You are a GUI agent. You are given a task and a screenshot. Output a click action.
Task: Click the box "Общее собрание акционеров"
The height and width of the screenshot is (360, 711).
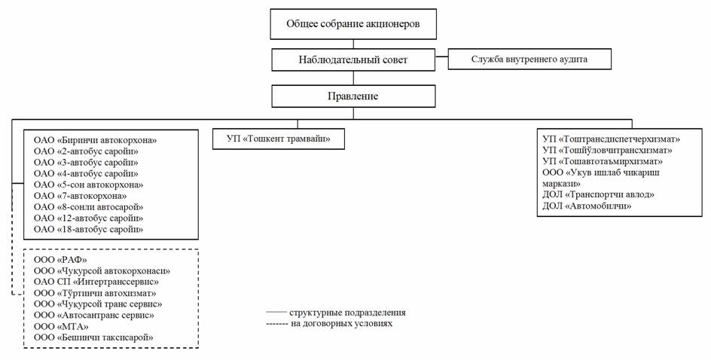coord(353,24)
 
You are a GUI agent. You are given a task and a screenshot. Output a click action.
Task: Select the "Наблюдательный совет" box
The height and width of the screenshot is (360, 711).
coord(353,59)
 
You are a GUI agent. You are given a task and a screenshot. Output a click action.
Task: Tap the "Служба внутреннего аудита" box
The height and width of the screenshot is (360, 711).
coord(529,59)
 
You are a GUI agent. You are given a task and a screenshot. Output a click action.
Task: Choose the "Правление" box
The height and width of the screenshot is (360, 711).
coord(353,96)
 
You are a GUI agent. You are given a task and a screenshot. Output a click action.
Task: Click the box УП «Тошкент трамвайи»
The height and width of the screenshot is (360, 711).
coord(279,139)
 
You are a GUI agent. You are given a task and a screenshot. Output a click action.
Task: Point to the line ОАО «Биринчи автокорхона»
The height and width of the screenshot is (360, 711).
coord(95,140)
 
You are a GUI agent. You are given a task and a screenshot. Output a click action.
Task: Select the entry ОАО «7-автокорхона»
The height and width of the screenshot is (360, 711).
coord(81,196)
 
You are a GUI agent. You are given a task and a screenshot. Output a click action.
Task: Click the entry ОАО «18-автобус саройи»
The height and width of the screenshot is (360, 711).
coord(88,230)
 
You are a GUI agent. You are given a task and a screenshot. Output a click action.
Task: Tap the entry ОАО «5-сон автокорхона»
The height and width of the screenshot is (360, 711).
coord(88,185)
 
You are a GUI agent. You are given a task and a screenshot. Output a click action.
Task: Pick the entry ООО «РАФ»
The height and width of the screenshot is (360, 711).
coord(60,260)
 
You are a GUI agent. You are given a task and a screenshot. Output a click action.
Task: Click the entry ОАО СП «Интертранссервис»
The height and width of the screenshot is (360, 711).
coord(96,282)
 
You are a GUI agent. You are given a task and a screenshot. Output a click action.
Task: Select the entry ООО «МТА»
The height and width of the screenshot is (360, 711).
coord(61,326)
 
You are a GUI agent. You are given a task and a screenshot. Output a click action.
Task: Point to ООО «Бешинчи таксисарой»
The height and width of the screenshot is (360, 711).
coord(93,337)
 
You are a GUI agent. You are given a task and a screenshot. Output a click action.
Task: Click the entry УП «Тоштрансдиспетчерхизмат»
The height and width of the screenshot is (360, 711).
coord(612,139)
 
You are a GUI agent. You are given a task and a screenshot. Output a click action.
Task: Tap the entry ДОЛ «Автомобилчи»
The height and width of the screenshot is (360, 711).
coord(587,206)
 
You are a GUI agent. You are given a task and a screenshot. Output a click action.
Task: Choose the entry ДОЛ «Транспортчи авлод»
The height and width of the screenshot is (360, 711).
coord(599,194)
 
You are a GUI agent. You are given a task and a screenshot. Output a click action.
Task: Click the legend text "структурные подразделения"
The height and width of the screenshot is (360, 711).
coord(347,313)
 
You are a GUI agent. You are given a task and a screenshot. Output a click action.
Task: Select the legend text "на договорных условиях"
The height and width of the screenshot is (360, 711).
coord(341,323)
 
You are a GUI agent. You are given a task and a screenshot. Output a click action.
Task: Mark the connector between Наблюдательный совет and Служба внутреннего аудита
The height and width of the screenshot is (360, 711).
coord(441,56)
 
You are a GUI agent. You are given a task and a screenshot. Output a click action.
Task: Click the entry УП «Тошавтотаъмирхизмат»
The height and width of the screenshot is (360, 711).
coord(603,161)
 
